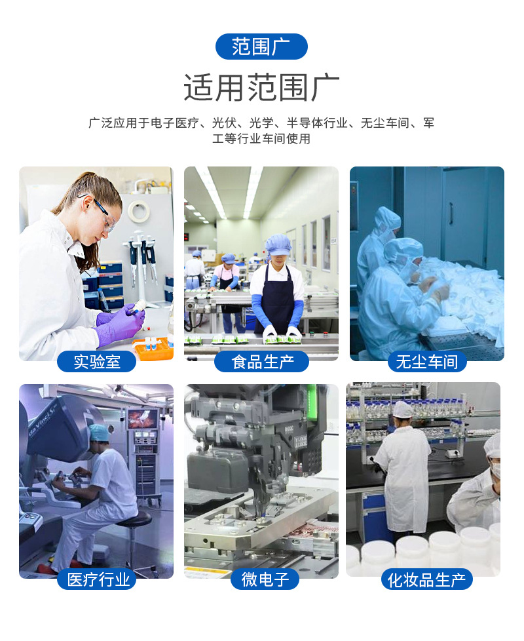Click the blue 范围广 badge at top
coord(261,47)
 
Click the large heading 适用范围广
coord(261,88)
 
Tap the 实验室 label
coord(96,361)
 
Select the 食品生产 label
coord(261,361)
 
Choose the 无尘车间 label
coord(426,361)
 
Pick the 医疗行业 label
coord(96,579)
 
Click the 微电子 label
coord(261,579)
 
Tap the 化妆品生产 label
coord(426,579)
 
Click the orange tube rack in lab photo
coord(153,347)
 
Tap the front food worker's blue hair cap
coord(278,244)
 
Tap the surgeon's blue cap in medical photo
coord(98,432)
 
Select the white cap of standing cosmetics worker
coord(402,410)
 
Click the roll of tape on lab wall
coord(138,211)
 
